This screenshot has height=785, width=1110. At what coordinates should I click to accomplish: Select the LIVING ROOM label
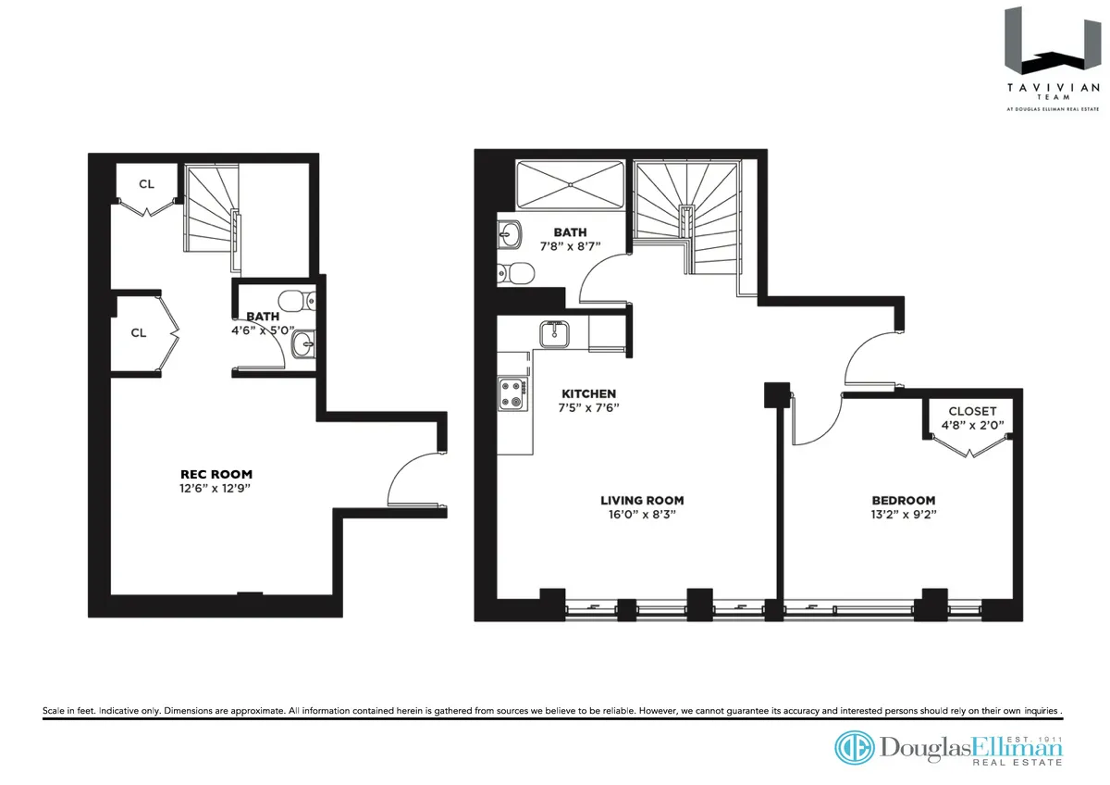pos(641,500)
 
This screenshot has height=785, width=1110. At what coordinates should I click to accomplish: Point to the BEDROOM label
pos(903,500)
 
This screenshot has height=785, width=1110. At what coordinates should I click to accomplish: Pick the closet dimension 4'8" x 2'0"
pos(972,426)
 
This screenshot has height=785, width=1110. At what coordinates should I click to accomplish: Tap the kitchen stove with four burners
pos(512,396)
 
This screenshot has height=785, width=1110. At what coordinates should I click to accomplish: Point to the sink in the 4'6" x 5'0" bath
pos(302,345)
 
